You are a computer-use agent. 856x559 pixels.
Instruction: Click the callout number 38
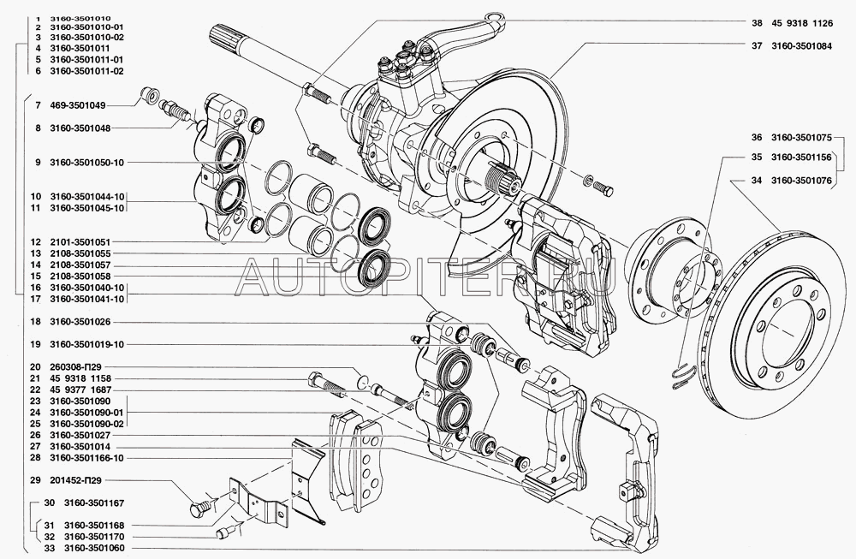[x=757, y=23]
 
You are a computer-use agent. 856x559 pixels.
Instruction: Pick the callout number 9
[x=38, y=163]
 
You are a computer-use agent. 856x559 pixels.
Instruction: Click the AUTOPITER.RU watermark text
[x=427, y=276]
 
